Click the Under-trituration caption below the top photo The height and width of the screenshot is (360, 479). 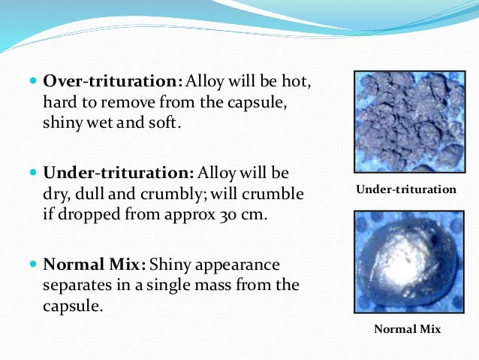(x=405, y=189)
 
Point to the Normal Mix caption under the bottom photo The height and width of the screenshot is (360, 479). (x=408, y=329)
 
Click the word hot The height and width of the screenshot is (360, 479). (x=294, y=81)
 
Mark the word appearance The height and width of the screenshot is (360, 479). (x=234, y=265)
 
